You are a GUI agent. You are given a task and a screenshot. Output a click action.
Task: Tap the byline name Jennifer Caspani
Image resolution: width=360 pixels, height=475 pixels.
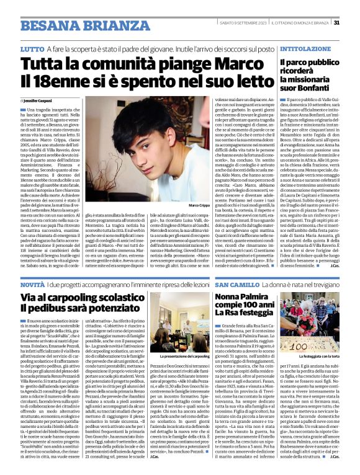(39, 99)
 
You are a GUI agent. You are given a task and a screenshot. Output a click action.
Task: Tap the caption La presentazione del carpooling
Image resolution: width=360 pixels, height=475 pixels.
(184, 357)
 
